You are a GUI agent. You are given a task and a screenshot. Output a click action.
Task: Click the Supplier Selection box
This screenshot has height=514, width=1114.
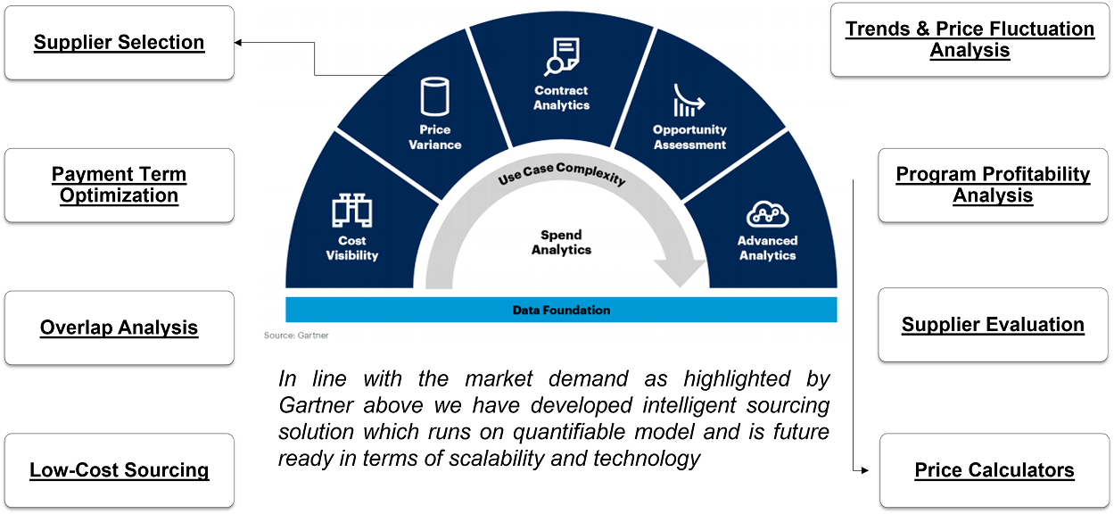coord(120,43)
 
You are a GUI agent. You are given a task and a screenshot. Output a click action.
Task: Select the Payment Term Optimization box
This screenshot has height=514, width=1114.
coord(120,185)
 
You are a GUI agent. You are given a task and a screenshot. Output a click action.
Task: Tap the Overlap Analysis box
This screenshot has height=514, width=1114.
coord(120,327)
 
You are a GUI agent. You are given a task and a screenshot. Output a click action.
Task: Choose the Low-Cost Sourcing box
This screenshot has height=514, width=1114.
coord(120,470)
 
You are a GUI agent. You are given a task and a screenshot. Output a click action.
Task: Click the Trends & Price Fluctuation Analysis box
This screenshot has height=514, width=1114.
coord(970,40)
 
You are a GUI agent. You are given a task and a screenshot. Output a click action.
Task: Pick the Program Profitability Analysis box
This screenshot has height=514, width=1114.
coord(994,185)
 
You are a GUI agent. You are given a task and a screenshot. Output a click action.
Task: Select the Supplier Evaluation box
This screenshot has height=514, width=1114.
coord(994,325)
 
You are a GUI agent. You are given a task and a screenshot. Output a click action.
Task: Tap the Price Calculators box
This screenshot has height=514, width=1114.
coord(994,470)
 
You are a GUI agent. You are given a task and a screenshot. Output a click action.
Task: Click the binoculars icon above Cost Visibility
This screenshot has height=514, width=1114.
coord(352,211)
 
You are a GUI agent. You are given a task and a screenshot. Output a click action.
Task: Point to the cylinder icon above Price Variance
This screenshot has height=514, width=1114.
coord(435,96)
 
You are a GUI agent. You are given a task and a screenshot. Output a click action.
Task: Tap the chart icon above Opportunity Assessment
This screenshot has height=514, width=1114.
coord(689,100)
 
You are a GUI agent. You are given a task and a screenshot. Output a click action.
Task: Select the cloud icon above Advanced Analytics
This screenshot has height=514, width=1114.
coord(767,214)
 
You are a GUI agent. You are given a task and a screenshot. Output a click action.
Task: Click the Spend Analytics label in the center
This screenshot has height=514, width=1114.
coord(562,243)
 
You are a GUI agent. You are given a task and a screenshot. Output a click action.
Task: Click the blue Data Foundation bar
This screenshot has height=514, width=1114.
coord(561,310)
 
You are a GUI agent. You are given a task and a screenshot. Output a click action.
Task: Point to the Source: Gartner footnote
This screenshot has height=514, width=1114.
coord(296,336)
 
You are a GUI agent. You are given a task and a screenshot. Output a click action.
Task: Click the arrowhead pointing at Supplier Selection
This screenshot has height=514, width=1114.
coord(238,43)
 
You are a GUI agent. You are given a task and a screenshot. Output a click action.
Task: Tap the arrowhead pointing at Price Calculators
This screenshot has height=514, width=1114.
coord(865,470)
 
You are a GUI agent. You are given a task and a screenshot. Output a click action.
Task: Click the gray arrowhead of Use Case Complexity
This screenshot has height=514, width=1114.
coord(681,273)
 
